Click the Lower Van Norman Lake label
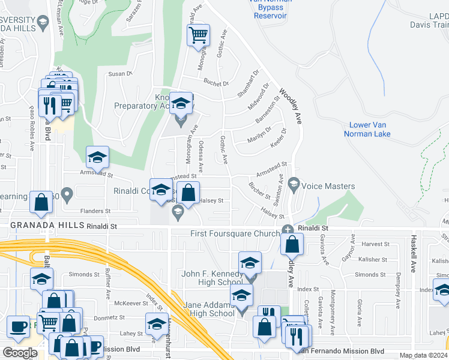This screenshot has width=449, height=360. click(367, 129)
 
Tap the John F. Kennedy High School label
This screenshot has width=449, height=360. click(212, 278)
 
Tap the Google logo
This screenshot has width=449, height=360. click(20, 353)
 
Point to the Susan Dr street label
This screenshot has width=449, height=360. click(119, 74)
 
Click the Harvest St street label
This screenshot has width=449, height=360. click(376, 244)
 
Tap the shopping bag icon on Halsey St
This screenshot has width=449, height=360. click(188, 193)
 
